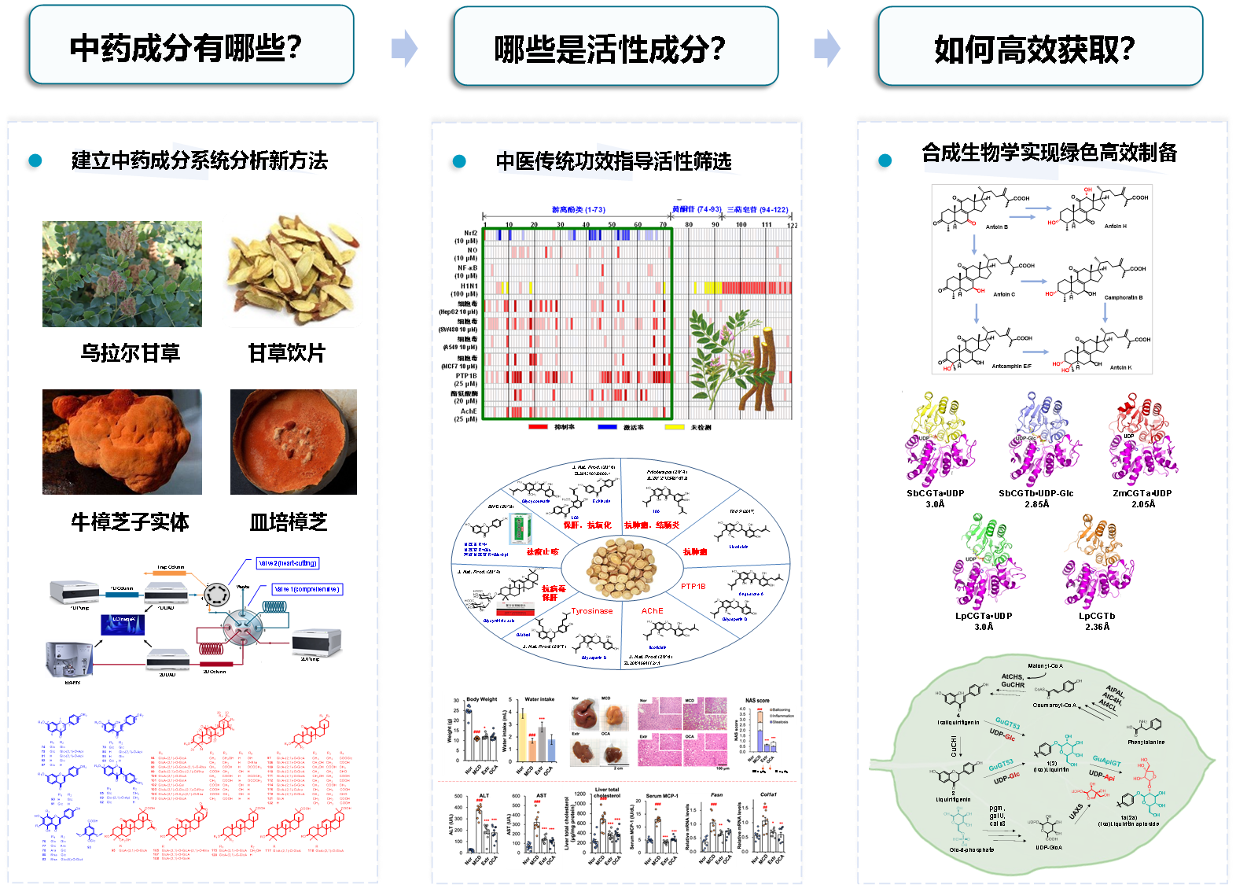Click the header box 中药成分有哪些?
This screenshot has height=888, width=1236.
click(x=191, y=46)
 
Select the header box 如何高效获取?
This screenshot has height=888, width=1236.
click(x=1039, y=47)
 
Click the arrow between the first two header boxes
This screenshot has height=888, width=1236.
click(x=404, y=49)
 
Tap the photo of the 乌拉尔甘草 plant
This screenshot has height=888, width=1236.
click(x=122, y=274)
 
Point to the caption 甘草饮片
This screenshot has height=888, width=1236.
click(x=286, y=353)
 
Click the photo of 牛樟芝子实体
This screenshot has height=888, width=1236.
click(x=122, y=442)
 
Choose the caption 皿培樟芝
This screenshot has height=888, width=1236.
click(x=288, y=522)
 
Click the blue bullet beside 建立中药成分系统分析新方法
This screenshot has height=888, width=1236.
click(x=35, y=160)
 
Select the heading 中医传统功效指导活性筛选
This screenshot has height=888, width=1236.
click(x=613, y=161)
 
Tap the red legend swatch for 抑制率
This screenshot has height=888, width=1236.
click(x=538, y=427)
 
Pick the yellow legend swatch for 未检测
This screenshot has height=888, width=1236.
click(x=674, y=427)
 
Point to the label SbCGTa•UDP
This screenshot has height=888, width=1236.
click(x=935, y=494)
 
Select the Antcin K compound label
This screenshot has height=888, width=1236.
click(x=1120, y=367)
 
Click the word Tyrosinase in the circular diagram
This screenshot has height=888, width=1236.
click(x=591, y=611)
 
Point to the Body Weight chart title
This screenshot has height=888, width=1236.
click(x=482, y=699)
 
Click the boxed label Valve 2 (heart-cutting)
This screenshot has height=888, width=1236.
click(x=288, y=563)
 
